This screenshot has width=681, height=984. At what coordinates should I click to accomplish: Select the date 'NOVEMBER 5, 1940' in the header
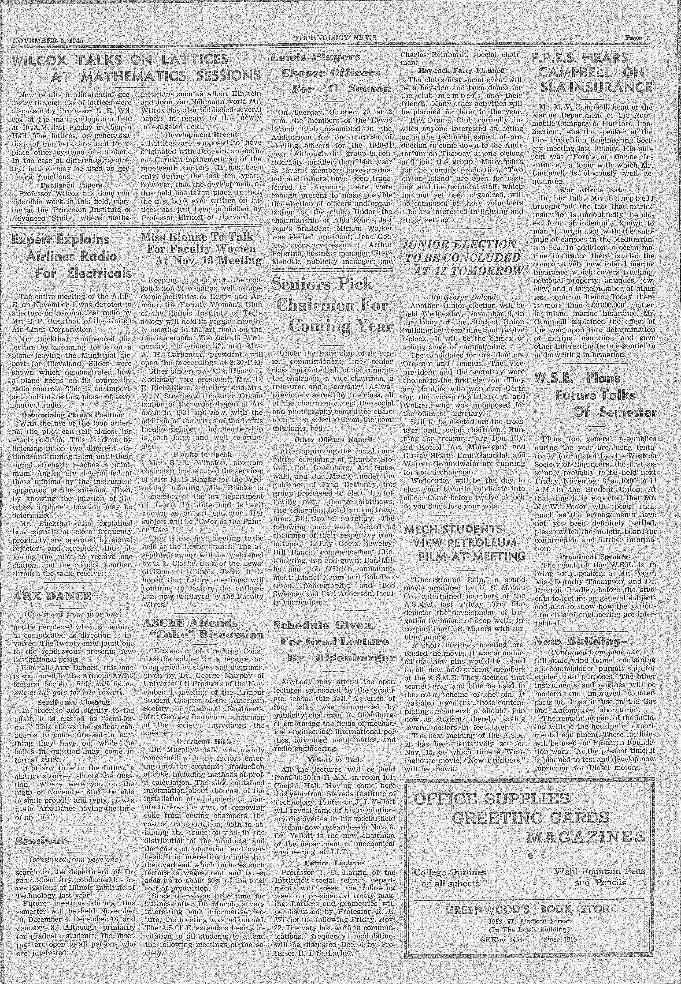pos(48,41)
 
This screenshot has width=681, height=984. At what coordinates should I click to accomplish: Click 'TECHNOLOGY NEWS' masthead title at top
pos(335,38)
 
